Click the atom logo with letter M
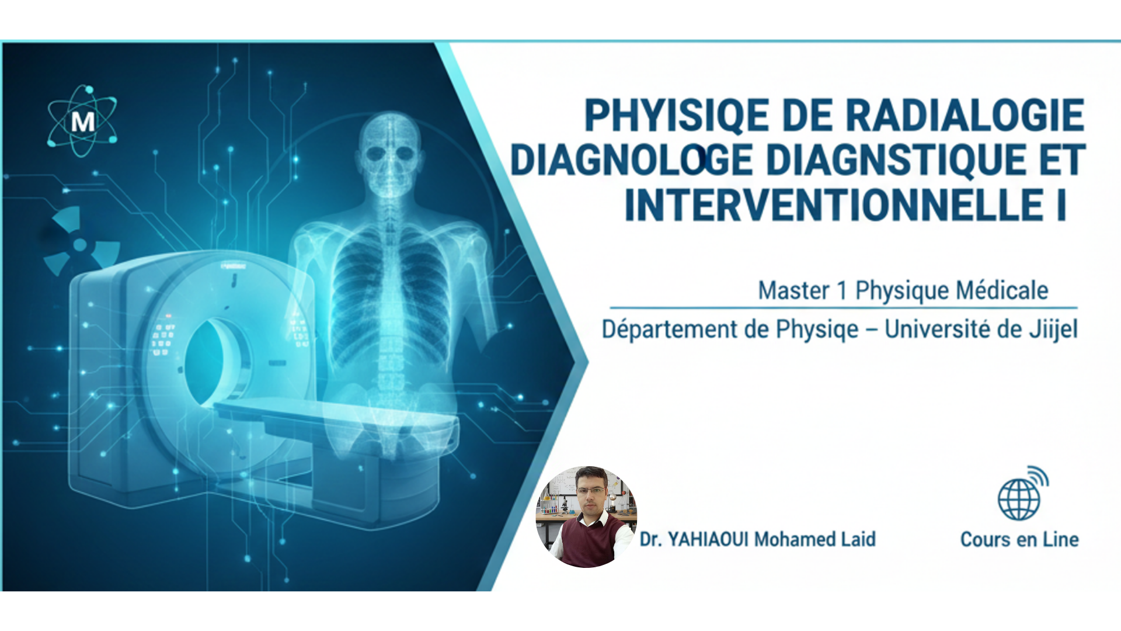[x=82, y=122]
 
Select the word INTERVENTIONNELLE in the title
[x=834, y=205]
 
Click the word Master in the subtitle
[x=793, y=290]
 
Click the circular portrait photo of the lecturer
[x=586, y=516]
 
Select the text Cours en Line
[x=1019, y=539]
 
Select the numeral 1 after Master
[x=842, y=290]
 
